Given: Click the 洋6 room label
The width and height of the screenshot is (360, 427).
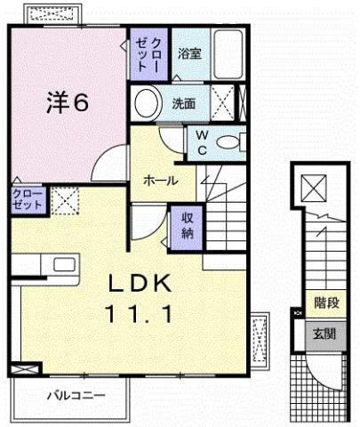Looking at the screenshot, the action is (68, 102).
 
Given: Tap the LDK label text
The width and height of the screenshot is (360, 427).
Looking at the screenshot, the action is (140, 283).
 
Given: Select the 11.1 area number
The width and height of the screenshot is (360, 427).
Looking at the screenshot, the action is (140, 314).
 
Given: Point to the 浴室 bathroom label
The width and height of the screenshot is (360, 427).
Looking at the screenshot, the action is (189, 53).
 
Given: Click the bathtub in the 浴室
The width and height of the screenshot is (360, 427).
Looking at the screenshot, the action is (228, 54).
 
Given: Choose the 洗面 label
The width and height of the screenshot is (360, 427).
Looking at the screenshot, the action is (184, 103).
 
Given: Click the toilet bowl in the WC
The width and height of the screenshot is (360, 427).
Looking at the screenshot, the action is (228, 142).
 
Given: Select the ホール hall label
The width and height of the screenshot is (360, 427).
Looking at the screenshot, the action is (161, 180).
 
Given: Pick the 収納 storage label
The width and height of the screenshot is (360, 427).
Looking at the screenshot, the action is (188, 226).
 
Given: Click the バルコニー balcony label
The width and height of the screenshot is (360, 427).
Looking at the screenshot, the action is (76, 395).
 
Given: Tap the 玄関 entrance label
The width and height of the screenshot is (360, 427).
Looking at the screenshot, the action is (324, 334).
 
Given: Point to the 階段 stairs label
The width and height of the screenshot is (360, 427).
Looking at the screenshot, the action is (326, 303).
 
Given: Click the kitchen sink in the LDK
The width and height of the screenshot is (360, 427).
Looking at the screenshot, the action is (64, 264).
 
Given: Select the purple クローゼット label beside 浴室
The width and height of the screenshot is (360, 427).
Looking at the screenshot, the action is (148, 54).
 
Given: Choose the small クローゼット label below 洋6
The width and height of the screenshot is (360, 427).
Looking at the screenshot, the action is (28, 199).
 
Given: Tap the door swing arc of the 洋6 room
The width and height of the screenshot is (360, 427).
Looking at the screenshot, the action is (101, 157).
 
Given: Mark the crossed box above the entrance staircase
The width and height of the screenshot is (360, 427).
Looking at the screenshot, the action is (314, 188).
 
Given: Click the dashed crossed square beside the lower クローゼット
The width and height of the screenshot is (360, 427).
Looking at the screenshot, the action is (65, 201).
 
